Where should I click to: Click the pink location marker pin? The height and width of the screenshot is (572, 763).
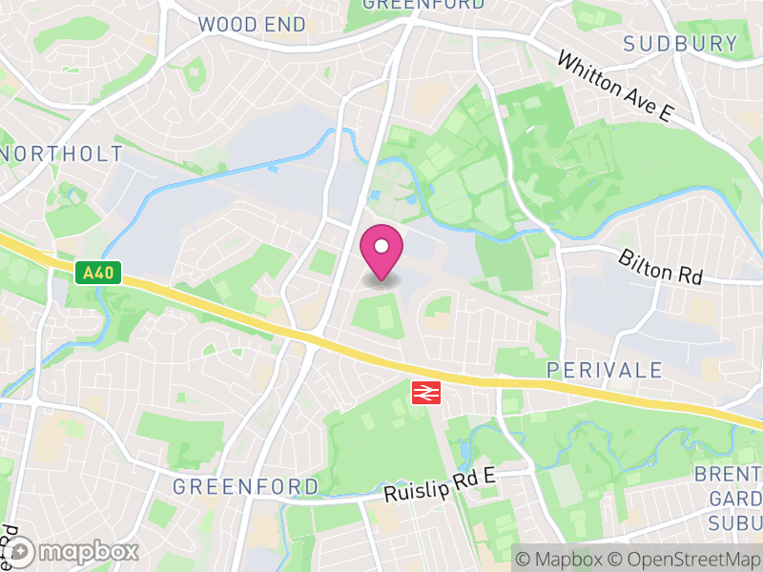(381, 254)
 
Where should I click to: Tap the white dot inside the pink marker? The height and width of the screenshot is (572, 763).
(381, 247)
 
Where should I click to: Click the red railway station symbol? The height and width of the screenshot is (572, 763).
(423, 392)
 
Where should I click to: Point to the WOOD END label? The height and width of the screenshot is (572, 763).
(252, 25)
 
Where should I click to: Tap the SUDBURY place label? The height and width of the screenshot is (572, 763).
(681, 43)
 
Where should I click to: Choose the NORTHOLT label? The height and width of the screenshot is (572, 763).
(63, 153)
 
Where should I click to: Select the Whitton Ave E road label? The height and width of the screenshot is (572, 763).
(615, 86)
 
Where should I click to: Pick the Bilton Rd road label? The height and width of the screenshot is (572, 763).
(660, 267)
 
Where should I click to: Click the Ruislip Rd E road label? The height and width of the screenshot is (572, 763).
(442, 485)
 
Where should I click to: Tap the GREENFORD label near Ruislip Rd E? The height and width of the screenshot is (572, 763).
(245, 486)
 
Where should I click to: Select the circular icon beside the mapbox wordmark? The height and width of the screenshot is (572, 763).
(20, 552)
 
